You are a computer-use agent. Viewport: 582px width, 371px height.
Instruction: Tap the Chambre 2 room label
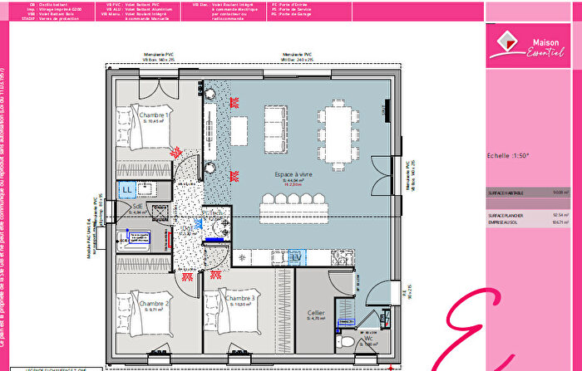click(x=155, y=305)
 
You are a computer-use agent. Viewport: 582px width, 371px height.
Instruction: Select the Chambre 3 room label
click(x=239, y=300)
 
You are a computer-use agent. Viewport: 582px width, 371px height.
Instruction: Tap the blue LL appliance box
click(x=127, y=190)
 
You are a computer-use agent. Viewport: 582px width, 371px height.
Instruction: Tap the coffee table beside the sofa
click(x=239, y=128)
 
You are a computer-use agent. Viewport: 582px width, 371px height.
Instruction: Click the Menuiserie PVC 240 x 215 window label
click(x=296, y=57)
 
